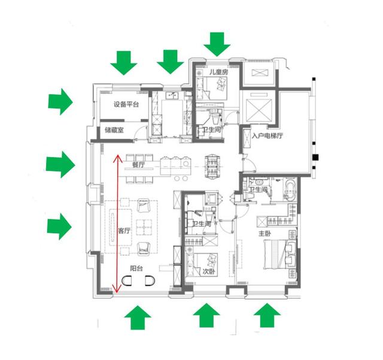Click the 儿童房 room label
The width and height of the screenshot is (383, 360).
(x=218, y=72)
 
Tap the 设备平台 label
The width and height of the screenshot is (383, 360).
(x=126, y=104)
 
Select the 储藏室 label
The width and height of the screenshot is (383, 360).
(x=114, y=130)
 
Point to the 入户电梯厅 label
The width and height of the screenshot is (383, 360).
(x=268, y=136)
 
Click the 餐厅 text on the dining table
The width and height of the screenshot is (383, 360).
(x=138, y=165)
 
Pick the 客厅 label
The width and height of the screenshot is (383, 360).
(x=124, y=231)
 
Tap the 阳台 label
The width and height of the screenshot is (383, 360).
(x=136, y=268)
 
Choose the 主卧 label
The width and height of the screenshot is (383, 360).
(x=265, y=234)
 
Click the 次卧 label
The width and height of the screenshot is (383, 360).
(x=209, y=271)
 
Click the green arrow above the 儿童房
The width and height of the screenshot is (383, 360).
(x=217, y=44)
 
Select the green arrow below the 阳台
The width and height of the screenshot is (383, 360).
(x=138, y=317)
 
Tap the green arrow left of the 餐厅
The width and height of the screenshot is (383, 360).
(x=60, y=164)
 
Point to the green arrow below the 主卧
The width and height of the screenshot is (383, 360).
(x=267, y=315)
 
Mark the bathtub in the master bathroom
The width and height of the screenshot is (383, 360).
(x=290, y=190)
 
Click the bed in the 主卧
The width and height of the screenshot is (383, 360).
(x=279, y=255)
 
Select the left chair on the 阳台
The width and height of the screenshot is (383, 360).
(x=127, y=281)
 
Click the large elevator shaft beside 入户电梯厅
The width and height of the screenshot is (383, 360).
(x=259, y=110)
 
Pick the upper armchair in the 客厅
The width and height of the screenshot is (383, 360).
(x=144, y=205)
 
